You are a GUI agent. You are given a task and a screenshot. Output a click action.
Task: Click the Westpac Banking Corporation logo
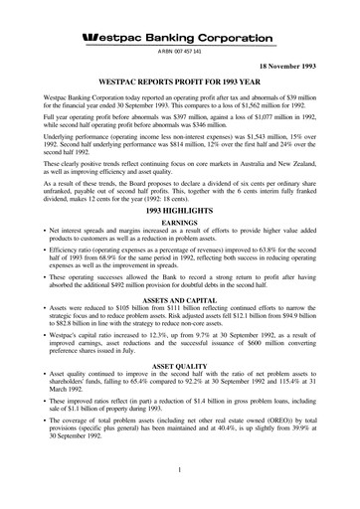[x=179, y=38]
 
